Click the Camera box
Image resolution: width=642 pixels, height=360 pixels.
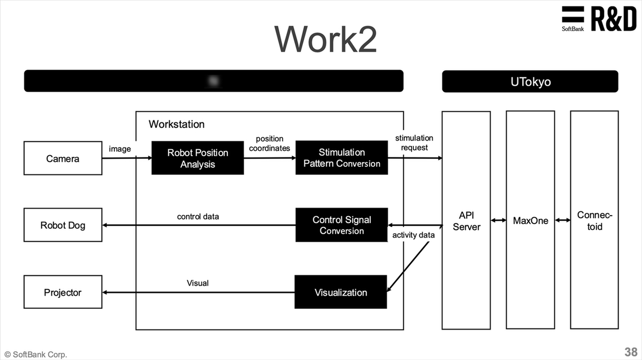63,158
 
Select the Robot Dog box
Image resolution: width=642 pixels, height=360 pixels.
63,225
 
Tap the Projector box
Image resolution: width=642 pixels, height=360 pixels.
63,293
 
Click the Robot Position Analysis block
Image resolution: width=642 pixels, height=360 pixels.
197,158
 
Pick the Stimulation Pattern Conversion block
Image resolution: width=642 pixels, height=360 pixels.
341,158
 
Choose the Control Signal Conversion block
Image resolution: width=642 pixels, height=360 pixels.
341,225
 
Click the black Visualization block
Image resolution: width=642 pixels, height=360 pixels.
340,292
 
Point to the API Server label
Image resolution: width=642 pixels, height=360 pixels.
466,221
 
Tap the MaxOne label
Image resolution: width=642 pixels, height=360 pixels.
530,221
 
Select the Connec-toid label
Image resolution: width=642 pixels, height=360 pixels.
594,221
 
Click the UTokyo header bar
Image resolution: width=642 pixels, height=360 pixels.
530,82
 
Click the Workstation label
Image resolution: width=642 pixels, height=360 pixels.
177,124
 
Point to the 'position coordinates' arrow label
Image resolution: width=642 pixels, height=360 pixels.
269,143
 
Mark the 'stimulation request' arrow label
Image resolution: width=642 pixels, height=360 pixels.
414,143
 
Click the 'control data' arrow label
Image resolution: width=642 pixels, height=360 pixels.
198,217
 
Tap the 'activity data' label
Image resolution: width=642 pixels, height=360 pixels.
413,235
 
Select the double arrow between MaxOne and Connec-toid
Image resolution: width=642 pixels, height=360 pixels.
562,220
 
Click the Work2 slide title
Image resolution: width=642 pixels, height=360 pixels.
325,39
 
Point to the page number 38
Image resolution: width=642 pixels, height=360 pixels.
630,352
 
